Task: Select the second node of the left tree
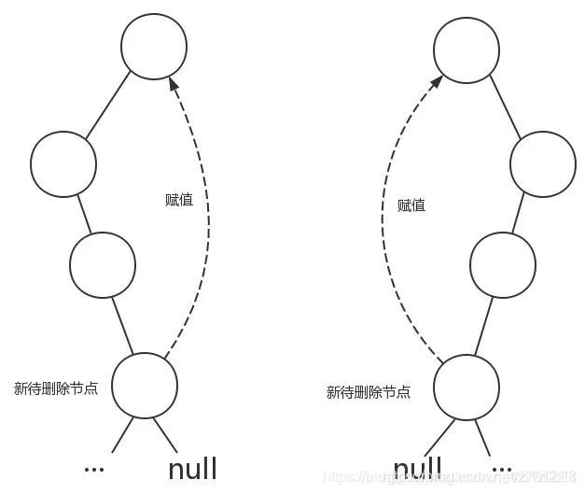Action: [63, 164]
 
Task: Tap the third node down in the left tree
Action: [103, 264]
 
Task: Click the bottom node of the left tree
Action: [145, 385]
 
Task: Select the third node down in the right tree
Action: [503, 264]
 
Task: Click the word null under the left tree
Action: [192, 468]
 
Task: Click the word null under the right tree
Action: [417, 468]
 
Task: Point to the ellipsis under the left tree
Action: [94, 465]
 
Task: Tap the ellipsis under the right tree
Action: [502, 465]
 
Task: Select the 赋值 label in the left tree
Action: [177, 199]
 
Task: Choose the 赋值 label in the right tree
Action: [411, 205]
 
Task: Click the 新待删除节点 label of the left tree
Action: [56, 387]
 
